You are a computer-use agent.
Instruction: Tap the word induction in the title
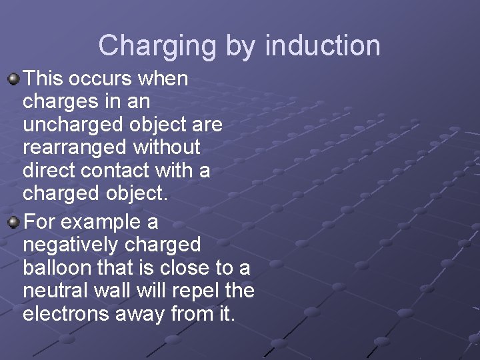[x=323, y=46]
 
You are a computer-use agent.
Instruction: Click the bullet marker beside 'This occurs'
[x=13, y=79]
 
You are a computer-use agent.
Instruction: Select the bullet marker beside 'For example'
[x=13, y=221]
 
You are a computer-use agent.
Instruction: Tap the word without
[x=167, y=147]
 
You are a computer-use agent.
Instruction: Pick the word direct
[x=49, y=170]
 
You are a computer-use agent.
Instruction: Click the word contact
[x=117, y=170]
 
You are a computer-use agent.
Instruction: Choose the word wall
[x=119, y=290]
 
